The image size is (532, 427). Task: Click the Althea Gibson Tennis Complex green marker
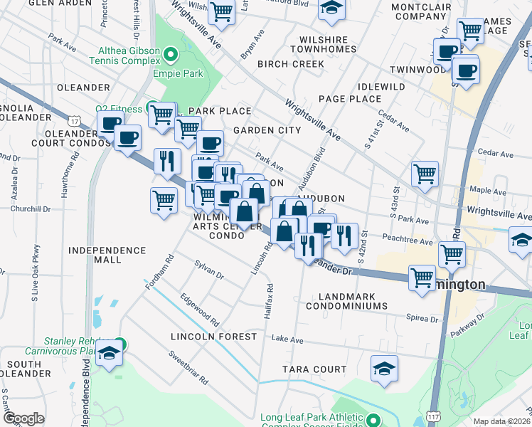pos(170,54)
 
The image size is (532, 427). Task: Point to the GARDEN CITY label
pos(267,130)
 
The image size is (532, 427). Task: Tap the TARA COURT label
pos(314,369)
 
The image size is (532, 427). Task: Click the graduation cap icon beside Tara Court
pos(384,369)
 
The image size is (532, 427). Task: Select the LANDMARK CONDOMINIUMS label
pos(346,300)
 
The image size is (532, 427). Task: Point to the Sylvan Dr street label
pos(209,269)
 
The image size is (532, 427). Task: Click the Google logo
pos(23,418)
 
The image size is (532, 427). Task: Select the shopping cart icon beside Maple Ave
pos(425,174)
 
